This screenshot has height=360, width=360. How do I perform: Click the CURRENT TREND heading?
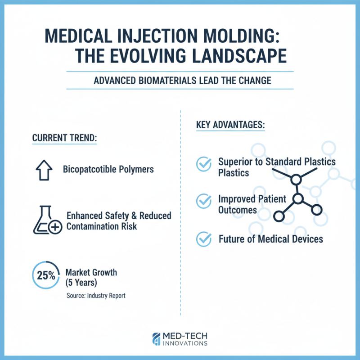[x=65, y=138]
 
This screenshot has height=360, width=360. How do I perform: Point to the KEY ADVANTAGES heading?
[x=230, y=124]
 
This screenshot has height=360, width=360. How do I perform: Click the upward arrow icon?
[x=44, y=170]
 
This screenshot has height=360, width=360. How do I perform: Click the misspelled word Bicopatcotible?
[x=89, y=170]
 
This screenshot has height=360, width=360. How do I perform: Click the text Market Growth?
[x=91, y=272]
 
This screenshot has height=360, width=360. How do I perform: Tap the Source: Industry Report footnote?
[x=95, y=296]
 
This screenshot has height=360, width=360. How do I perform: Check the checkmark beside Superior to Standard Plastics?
[x=204, y=165]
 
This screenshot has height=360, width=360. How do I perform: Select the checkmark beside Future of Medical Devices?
[x=204, y=239]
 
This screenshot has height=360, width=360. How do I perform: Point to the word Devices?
[x=307, y=238]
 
